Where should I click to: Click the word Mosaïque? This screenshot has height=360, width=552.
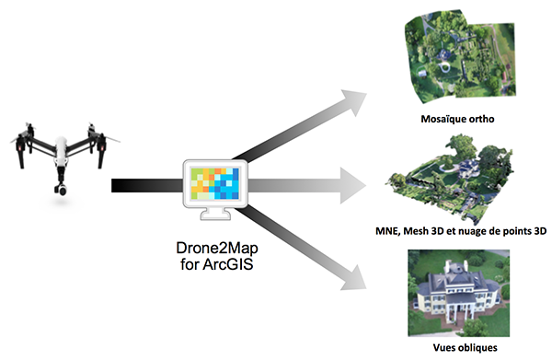tap(434, 119)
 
